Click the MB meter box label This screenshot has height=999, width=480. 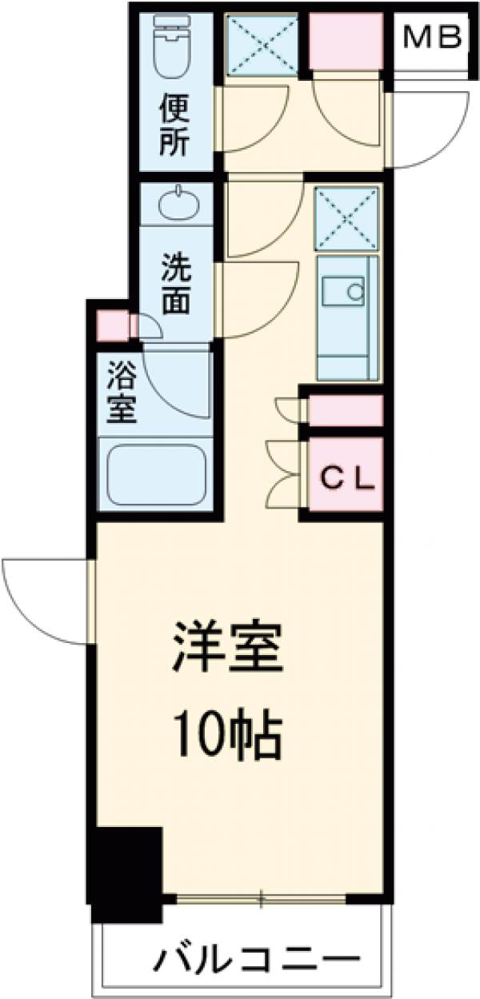tap(433, 37)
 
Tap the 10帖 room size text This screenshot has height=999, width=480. tap(228, 736)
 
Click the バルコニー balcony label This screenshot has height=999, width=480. tap(254, 960)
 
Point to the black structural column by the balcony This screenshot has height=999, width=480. tap(128, 872)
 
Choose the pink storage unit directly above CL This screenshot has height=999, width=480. tap(345, 410)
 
